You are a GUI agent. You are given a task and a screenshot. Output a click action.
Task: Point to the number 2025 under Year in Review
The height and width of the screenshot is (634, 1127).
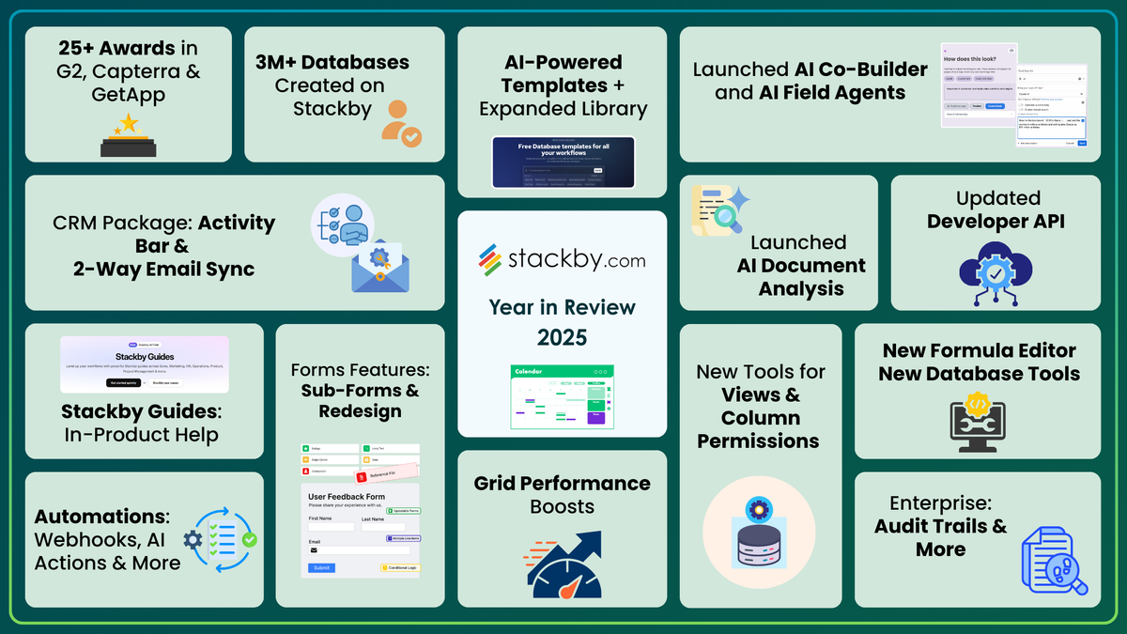pyautogui.click(x=562, y=336)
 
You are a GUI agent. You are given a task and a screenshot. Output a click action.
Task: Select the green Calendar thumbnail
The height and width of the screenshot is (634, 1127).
pyautogui.click(x=562, y=396)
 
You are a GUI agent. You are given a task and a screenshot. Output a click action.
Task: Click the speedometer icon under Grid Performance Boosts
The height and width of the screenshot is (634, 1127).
pyautogui.click(x=562, y=564)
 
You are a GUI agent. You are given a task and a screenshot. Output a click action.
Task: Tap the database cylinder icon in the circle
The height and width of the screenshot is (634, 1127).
pyautogui.click(x=759, y=534)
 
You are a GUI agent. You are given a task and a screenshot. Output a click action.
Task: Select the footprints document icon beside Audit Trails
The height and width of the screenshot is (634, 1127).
pyautogui.click(x=1053, y=560)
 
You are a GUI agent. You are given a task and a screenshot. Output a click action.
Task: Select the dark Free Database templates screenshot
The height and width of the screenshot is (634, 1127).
pyautogui.click(x=563, y=162)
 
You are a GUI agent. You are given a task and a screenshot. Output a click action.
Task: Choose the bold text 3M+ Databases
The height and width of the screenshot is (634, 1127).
pyautogui.click(x=332, y=63)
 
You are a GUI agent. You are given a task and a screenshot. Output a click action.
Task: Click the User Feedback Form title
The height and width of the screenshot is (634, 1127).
pyautogui.click(x=347, y=495)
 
